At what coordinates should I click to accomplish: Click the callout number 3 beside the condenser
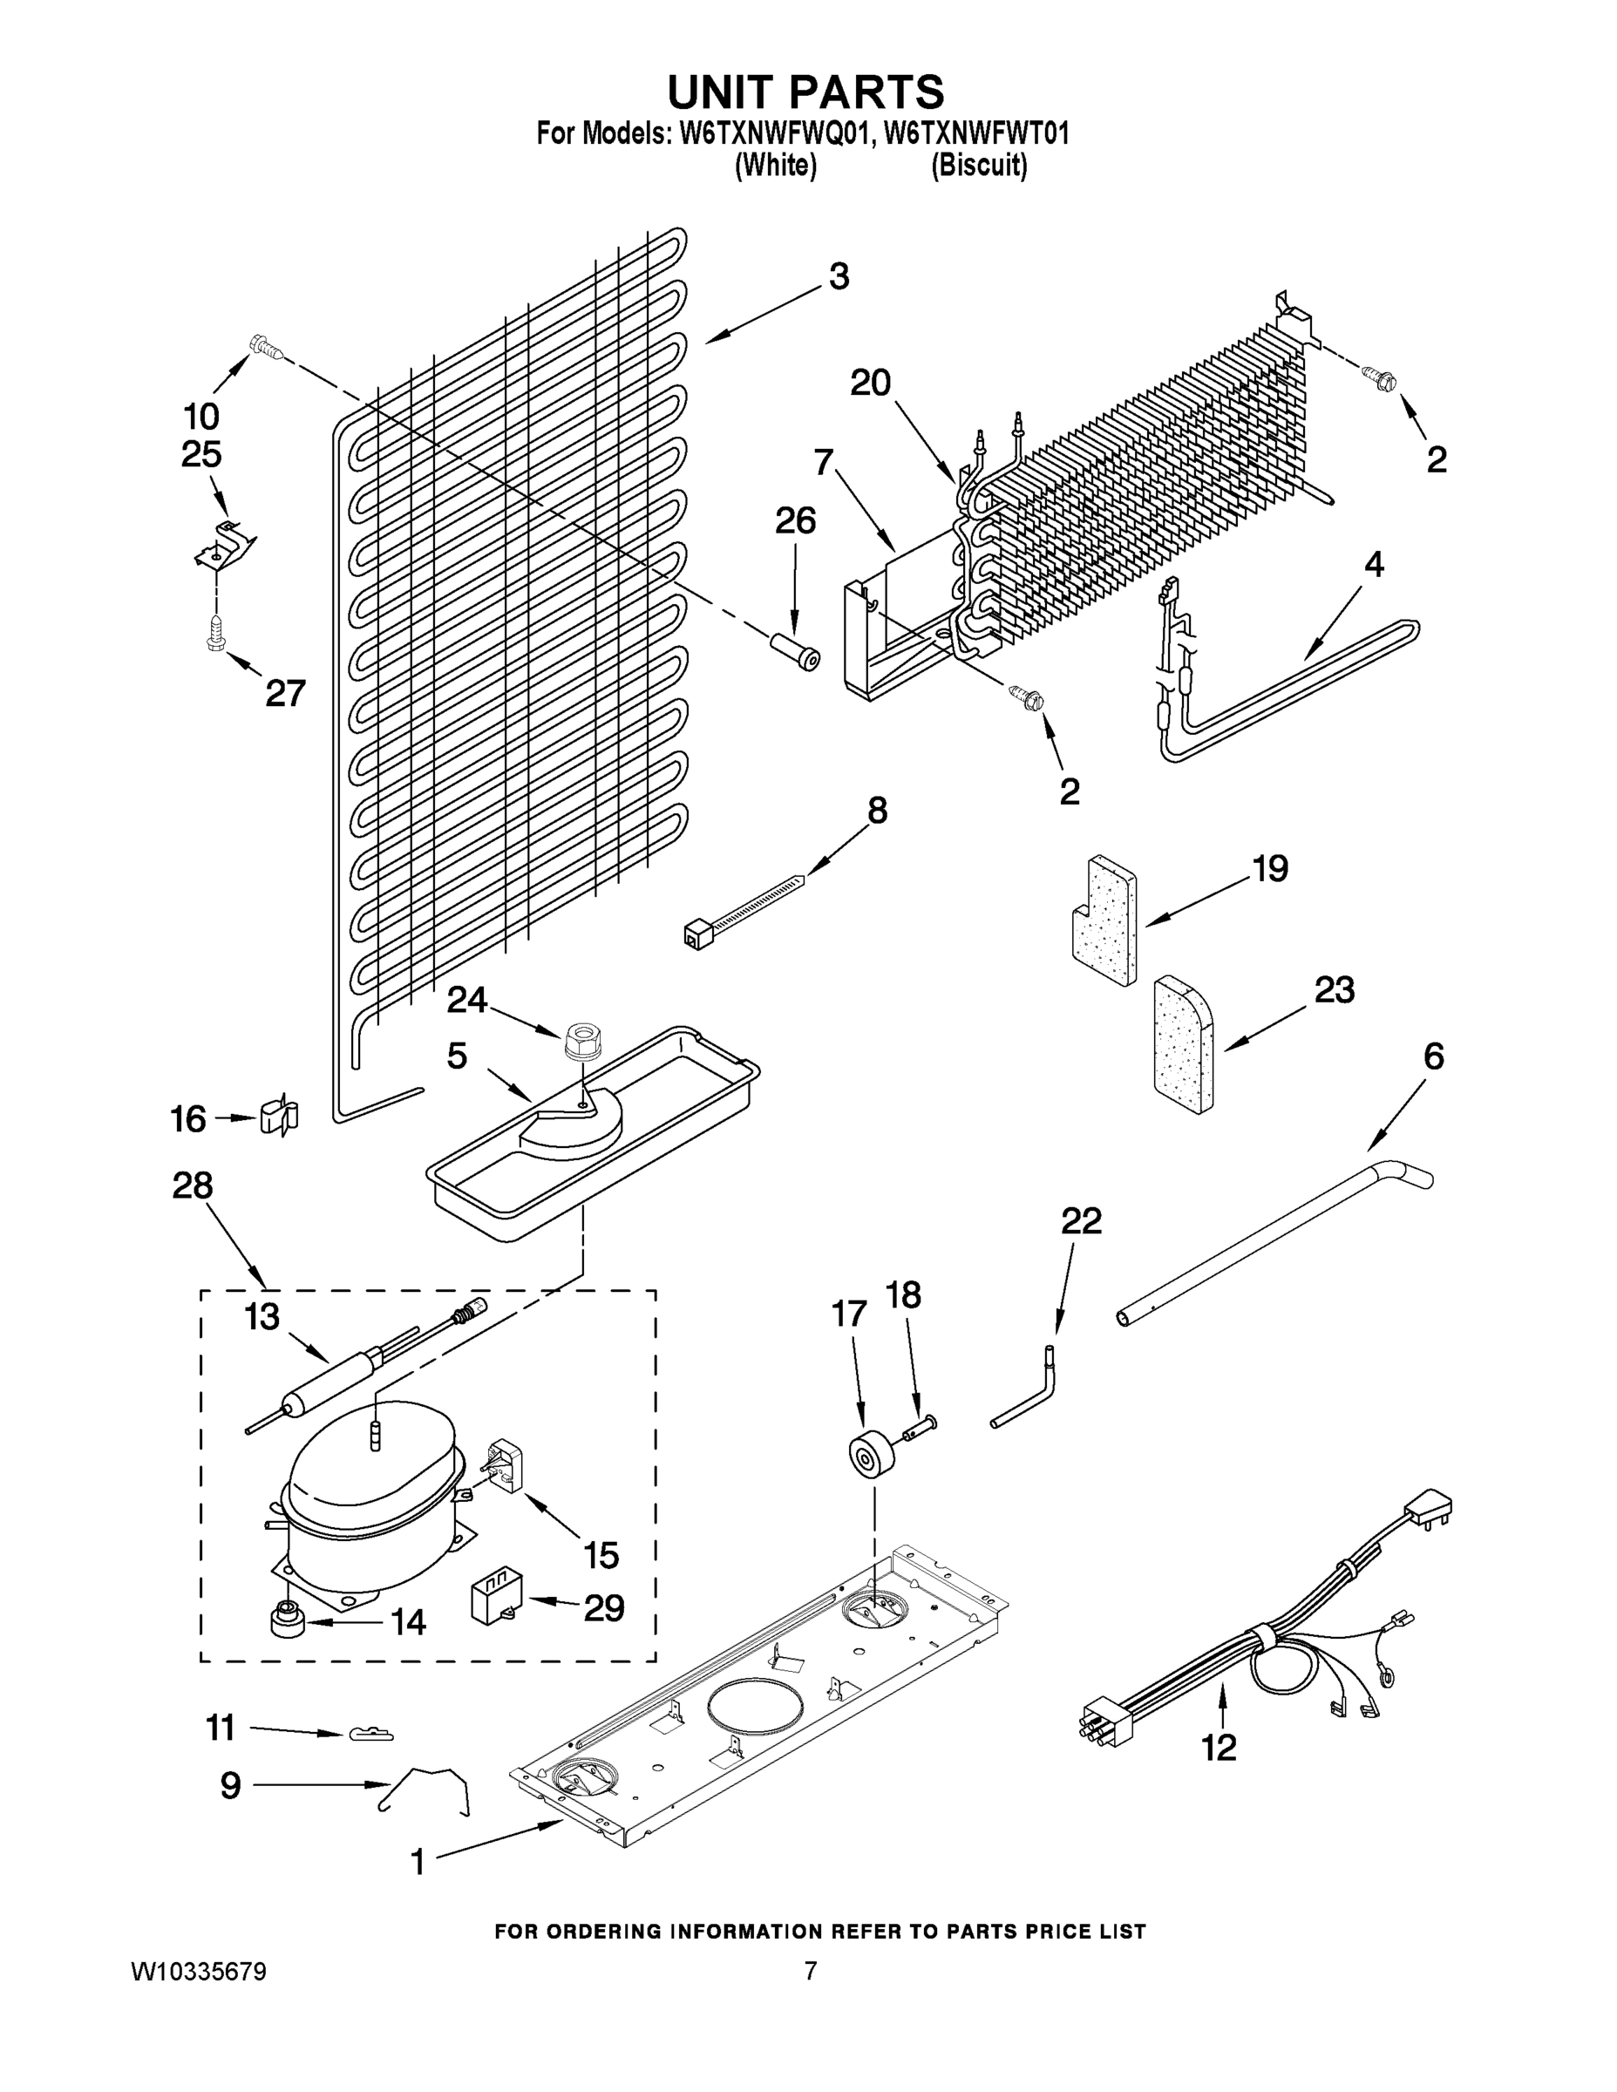pos(839,277)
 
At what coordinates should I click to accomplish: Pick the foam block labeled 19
pos(1104,920)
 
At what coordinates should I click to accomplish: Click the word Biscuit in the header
pos(979,166)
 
